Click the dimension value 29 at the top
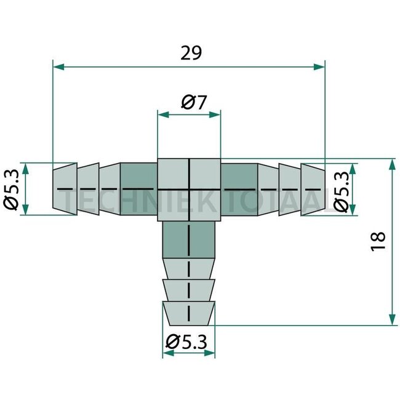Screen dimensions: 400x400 click(191, 54)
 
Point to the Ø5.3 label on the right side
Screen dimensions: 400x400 click(343, 189)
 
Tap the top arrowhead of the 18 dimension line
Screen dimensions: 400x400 click(391, 164)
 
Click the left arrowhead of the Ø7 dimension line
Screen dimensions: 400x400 click(162, 114)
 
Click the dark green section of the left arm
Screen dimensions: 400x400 click(138, 188)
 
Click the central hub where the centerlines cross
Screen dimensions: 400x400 click(188, 188)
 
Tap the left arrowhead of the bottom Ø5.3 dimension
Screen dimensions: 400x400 click(166, 354)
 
